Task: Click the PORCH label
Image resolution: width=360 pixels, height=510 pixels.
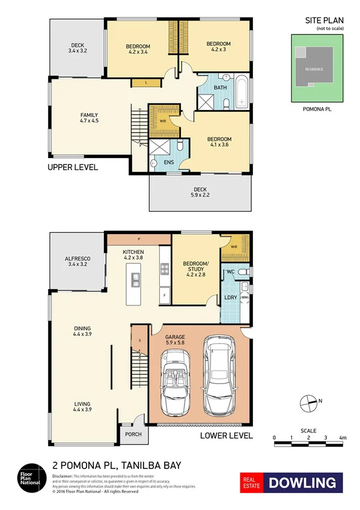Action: [x=133, y=434]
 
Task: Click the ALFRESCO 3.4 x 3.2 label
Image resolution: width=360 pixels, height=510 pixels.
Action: [x=78, y=262]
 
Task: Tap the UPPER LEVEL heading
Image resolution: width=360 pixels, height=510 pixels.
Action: [x=73, y=168]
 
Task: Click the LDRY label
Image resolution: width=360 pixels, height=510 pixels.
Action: [x=230, y=298]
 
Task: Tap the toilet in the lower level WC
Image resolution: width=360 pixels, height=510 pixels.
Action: [x=242, y=272]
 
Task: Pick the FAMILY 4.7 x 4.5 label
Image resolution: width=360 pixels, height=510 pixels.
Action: [x=89, y=118]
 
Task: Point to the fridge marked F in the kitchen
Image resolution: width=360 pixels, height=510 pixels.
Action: [x=163, y=296]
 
